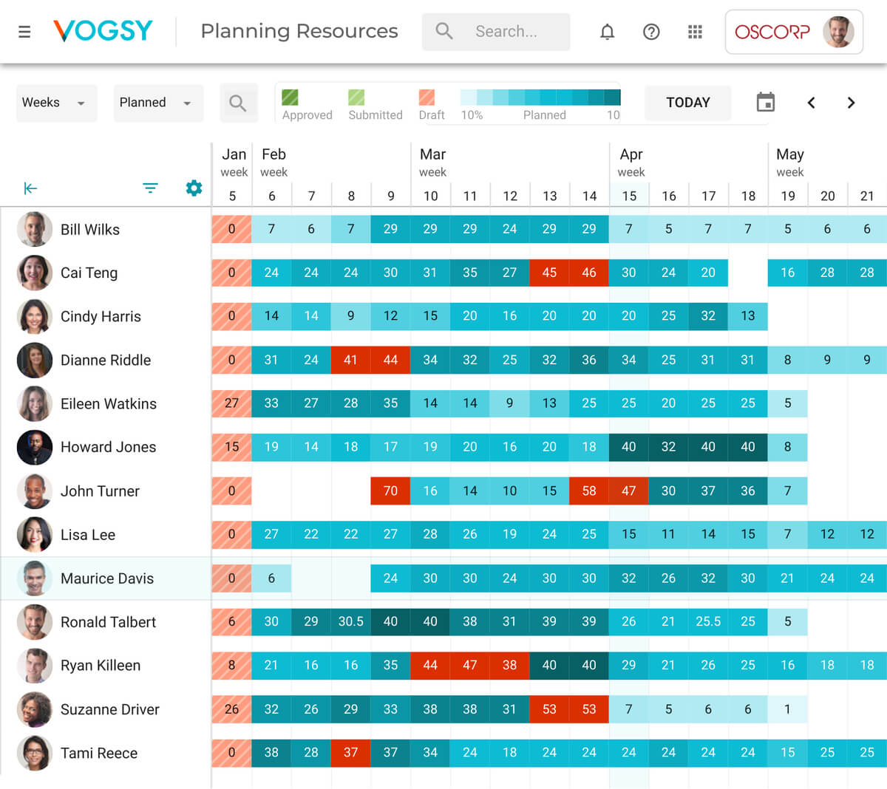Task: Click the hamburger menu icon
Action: point(24,32)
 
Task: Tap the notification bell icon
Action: point(607,32)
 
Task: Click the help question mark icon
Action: point(651,32)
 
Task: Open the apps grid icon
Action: point(695,32)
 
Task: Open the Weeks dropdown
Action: point(56,103)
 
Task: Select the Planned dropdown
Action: point(157,103)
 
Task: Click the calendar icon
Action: point(766,103)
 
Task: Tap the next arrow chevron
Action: point(851,103)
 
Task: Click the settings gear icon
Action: point(194,188)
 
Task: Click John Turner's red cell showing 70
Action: point(390,491)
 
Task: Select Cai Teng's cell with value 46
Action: point(589,273)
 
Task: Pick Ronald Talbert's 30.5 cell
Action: point(351,622)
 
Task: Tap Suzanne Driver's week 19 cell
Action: point(787,709)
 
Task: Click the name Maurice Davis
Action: point(107,578)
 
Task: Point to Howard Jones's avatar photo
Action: point(35,447)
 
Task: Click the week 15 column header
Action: point(629,196)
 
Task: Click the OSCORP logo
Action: point(772,32)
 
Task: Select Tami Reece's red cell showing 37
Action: point(351,753)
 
